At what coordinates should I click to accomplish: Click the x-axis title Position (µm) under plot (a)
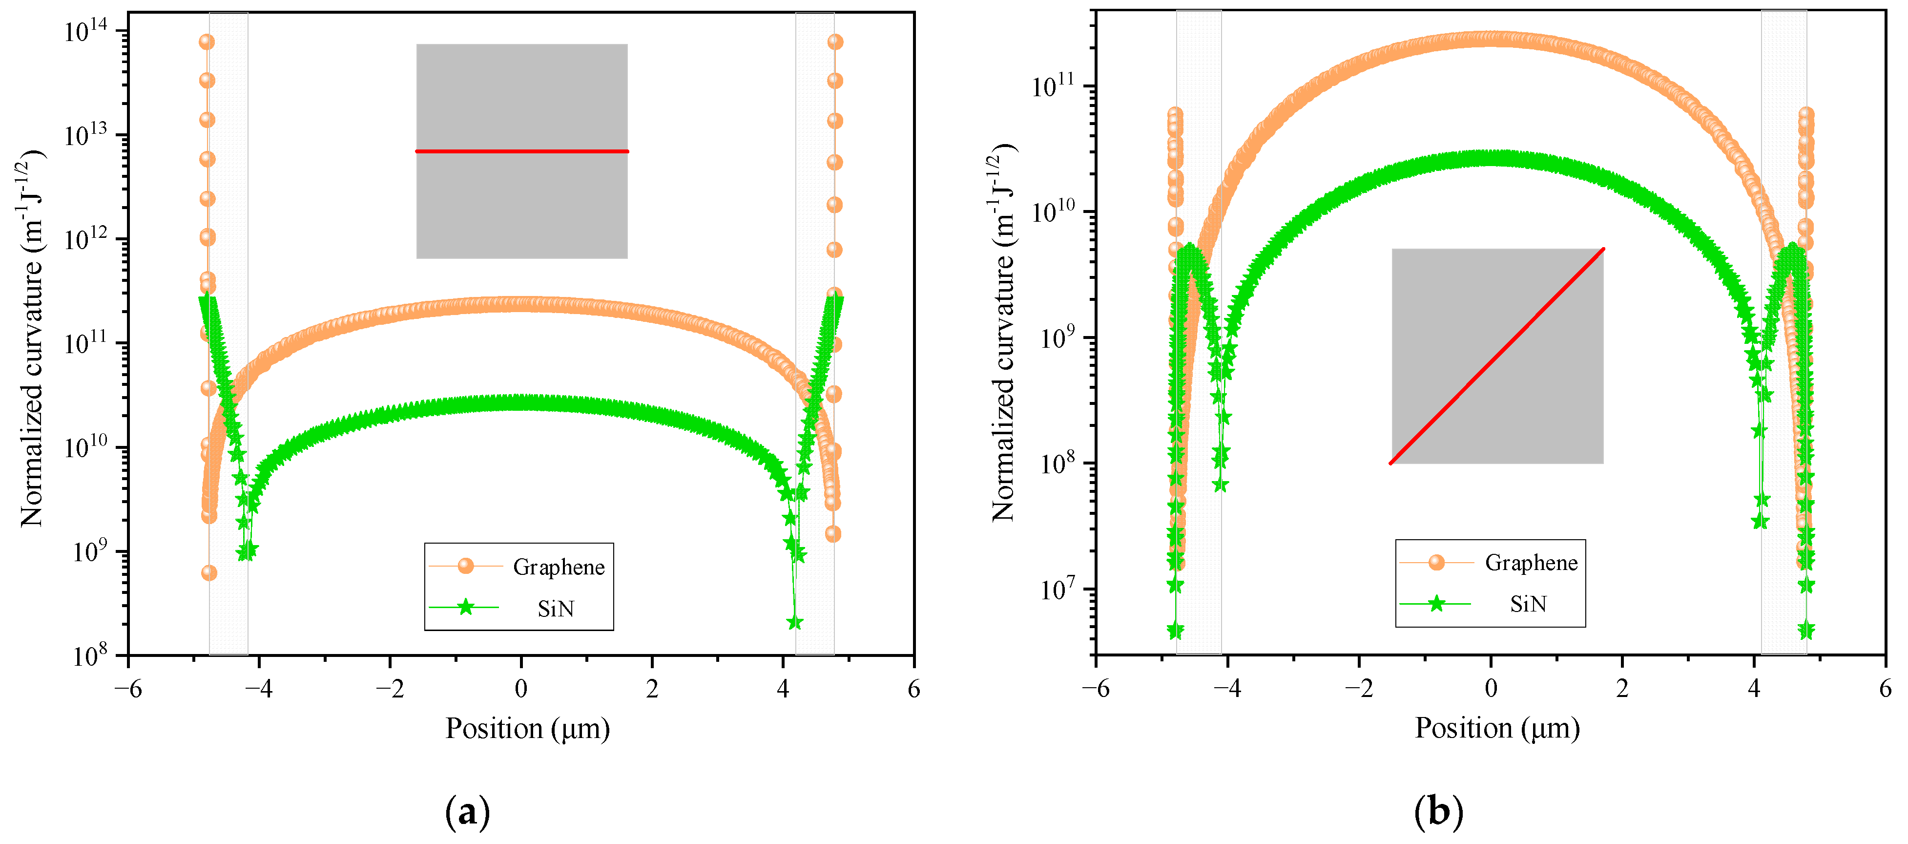coord(527,728)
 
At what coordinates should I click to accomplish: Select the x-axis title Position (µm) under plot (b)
coord(1497,728)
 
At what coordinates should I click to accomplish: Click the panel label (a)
coord(467,813)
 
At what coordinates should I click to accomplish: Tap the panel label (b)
coord(1438,812)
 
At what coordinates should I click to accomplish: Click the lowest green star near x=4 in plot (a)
coord(795,622)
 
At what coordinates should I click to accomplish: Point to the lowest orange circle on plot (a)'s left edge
coord(209,573)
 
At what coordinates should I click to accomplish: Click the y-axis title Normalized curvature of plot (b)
coord(1004,334)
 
